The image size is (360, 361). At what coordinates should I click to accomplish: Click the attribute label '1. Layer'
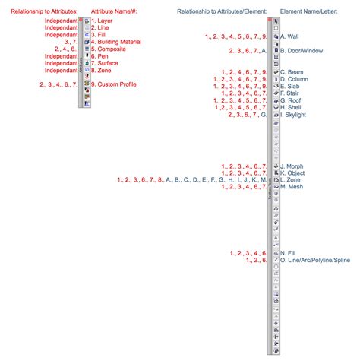(x=102, y=21)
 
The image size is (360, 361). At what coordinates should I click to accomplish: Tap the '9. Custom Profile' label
(x=113, y=84)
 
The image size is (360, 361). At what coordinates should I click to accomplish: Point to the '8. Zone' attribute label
(x=101, y=70)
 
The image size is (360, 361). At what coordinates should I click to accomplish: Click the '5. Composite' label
(x=106, y=49)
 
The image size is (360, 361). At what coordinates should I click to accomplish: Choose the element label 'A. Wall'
(x=289, y=36)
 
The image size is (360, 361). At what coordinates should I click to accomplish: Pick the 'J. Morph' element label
(x=292, y=166)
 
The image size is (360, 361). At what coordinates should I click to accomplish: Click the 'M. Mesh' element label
(x=292, y=186)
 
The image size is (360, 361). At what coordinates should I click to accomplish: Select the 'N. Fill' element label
(x=287, y=253)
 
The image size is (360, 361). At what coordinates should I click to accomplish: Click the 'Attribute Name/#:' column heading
(x=115, y=12)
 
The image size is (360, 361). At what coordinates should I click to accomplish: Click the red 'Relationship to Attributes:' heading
(x=43, y=12)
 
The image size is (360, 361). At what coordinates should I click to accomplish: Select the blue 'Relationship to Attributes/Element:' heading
(x=222, y=12)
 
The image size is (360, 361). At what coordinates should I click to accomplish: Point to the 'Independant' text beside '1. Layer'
(x=61, y=21)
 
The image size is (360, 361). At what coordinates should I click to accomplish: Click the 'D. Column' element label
(x=294, y=79)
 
